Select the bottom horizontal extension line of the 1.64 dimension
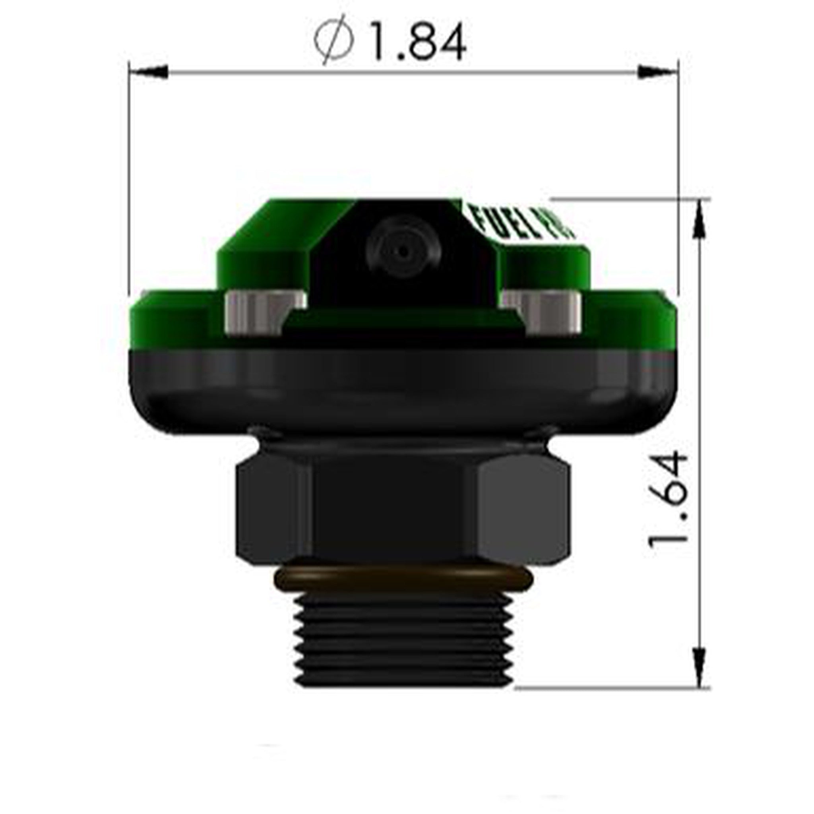[611, 688]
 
